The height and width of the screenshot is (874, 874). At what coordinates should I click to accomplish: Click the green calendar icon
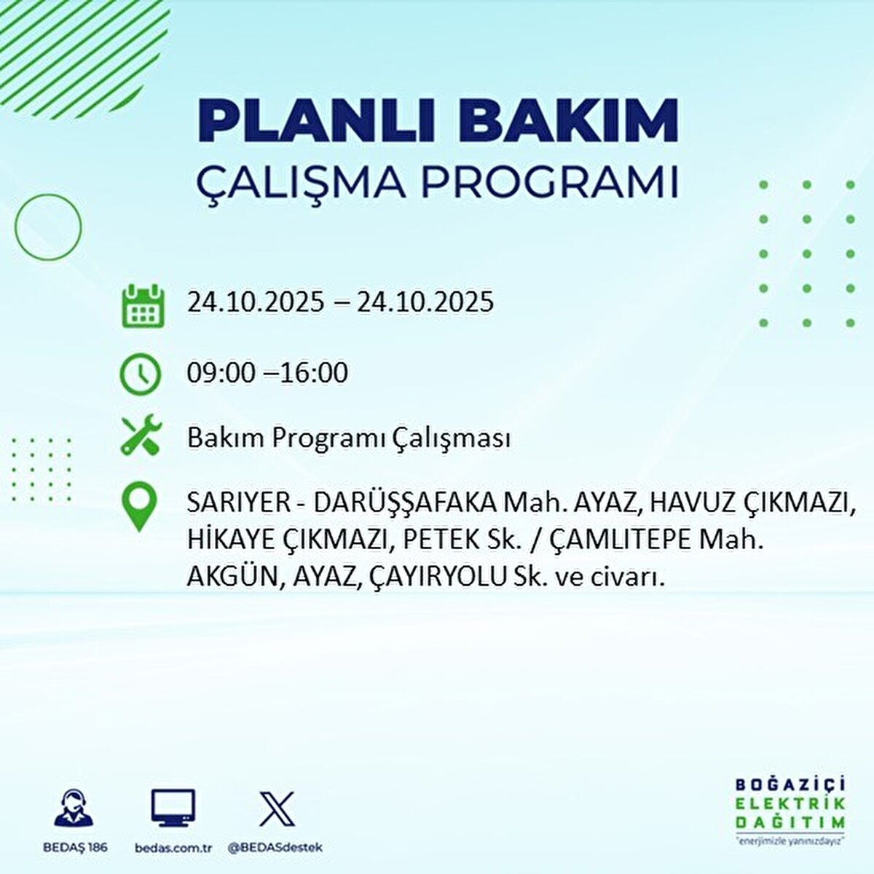[141, 306]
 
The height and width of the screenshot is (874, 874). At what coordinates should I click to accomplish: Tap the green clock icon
[141, 374]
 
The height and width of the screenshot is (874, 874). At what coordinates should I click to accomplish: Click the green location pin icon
[140, 508]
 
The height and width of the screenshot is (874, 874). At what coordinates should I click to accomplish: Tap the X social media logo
[277, 808]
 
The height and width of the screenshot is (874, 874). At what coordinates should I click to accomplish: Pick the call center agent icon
[74, 808]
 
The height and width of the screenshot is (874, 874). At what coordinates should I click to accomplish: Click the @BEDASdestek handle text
[275, 848]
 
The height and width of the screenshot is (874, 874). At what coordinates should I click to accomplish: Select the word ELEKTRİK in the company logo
[790, 804]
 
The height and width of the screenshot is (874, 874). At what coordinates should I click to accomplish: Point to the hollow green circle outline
[48, 227]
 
